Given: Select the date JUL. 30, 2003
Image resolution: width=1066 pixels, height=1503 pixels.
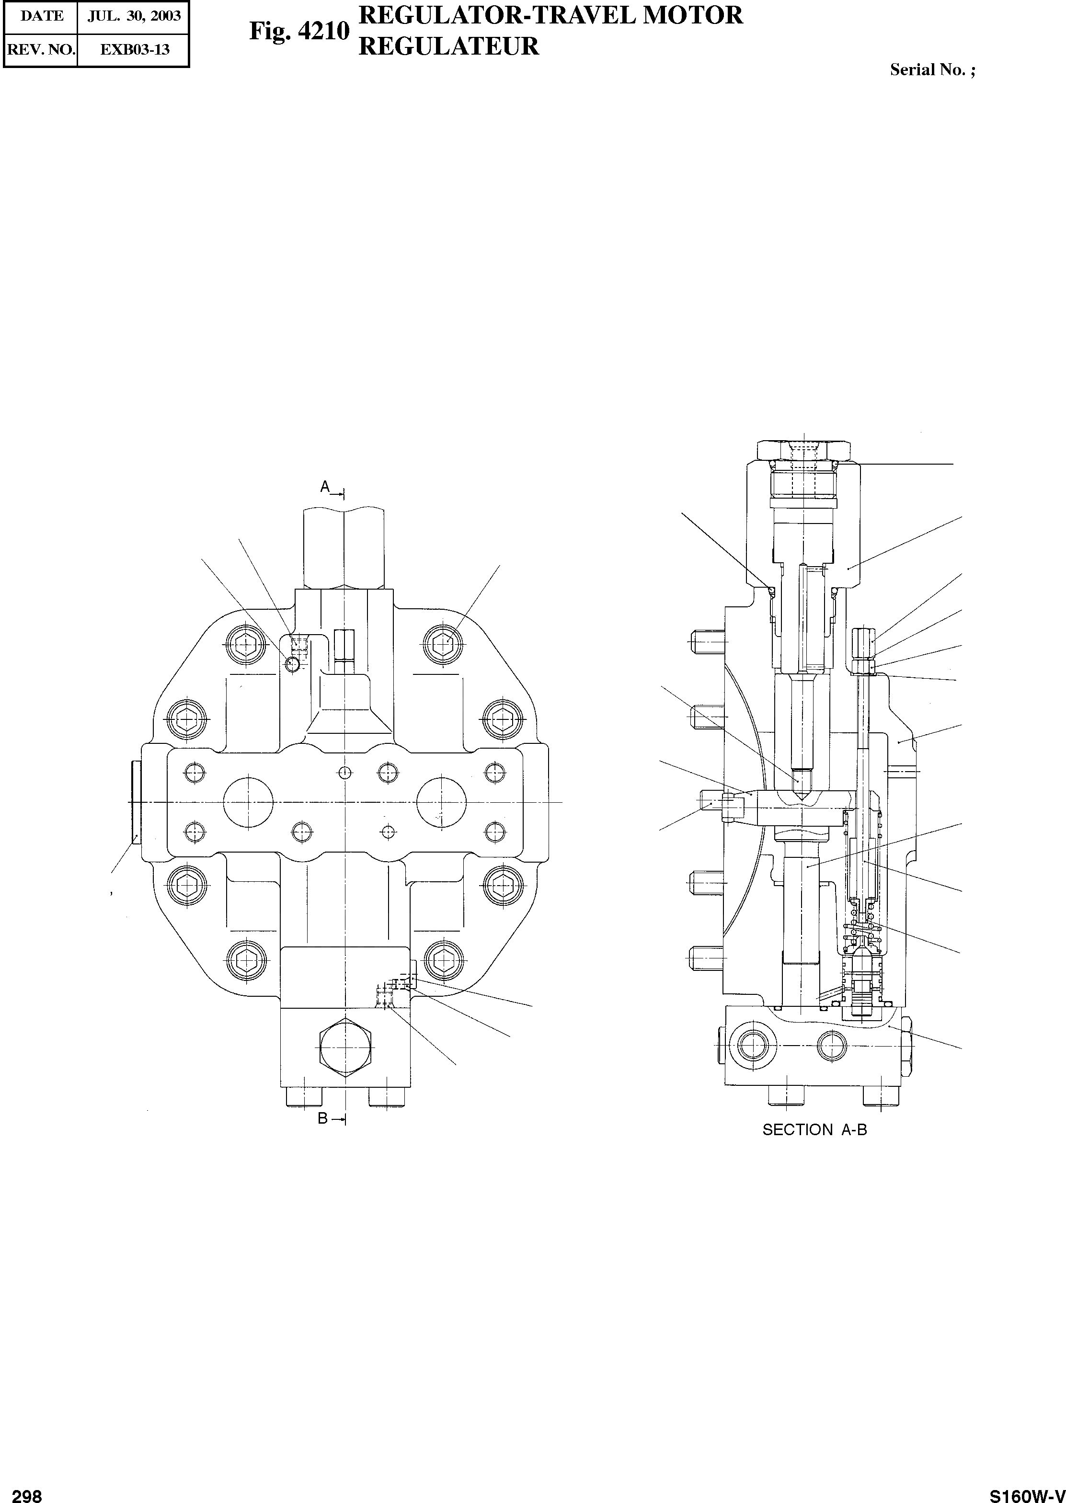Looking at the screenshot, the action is tap(134, 16).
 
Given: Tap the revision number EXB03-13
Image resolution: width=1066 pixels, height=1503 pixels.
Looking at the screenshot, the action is tap(134, 49).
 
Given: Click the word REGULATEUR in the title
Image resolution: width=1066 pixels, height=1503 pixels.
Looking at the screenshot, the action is tap(448, 46).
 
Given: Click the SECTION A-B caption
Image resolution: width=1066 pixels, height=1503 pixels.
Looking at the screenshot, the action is tap(814, 1130).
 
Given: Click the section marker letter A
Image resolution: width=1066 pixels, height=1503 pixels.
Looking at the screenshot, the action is tap(325, 487).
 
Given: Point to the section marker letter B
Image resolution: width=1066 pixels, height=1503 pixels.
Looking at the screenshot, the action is tap(323, 1118).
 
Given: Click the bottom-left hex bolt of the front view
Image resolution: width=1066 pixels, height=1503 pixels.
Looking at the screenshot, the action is tap(246, 962).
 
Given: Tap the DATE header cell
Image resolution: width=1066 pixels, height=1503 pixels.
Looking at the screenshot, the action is tap(41, 16).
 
